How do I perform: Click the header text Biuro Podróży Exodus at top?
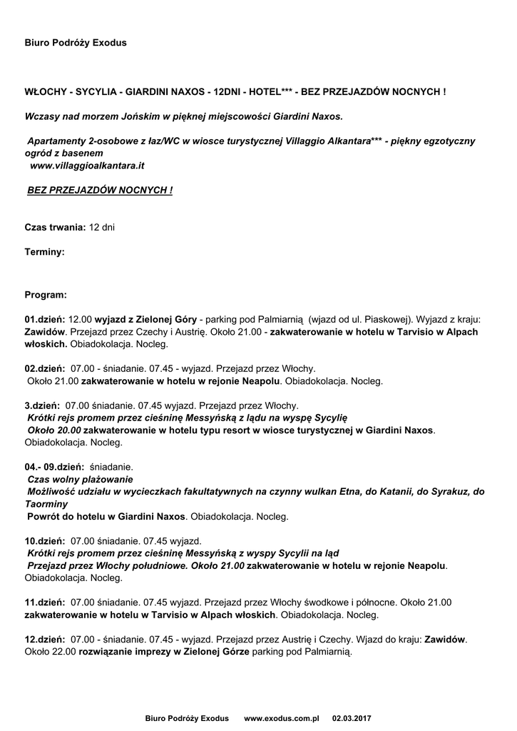(76, 43)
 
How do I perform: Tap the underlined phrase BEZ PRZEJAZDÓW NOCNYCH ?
(100, 191)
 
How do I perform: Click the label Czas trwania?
(56, 227)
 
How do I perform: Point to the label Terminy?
(45, 252)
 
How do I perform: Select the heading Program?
(46, 294)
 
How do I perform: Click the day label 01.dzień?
(45, 320)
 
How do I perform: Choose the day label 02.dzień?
(45, 368)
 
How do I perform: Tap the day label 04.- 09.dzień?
(55, 466)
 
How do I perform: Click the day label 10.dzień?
(45, 540)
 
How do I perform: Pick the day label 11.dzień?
(45, 602)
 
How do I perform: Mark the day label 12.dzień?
(45, 639)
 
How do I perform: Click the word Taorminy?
(47, 503)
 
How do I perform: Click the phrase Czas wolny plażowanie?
(80, 479)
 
